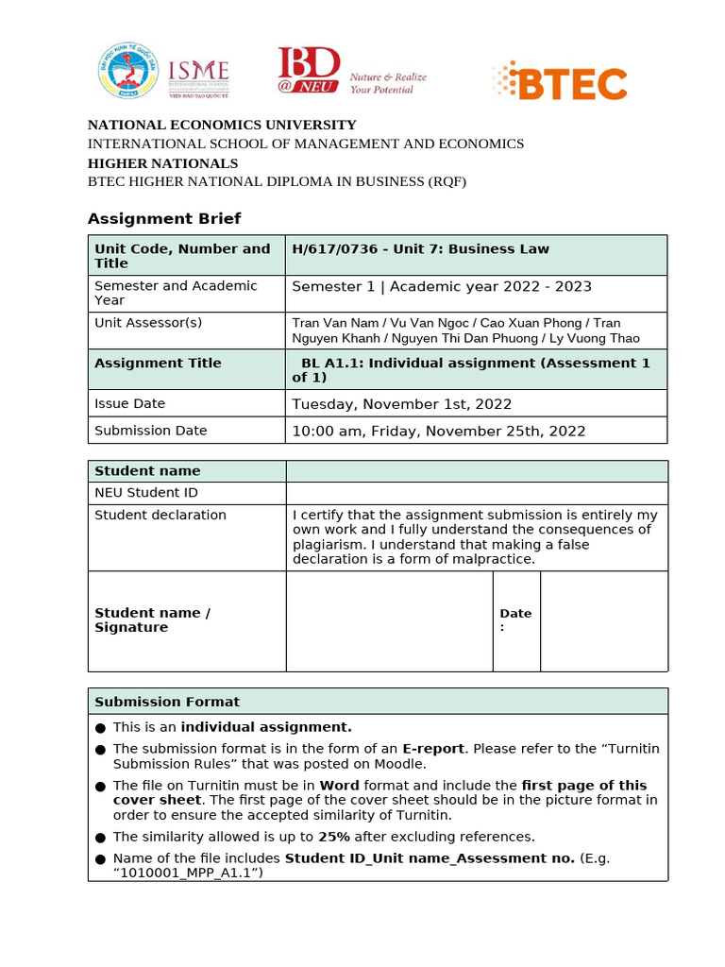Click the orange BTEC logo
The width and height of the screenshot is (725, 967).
click(560, 82)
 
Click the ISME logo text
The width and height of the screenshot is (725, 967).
click(197, 72)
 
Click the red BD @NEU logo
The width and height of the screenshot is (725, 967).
click(308, 71)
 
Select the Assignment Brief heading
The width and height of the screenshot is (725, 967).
click(164, 219)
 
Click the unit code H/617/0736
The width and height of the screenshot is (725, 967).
click(333, 249)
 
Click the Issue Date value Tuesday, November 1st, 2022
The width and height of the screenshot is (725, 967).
click(402, 404)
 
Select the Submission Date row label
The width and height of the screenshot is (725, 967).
click(151, 431)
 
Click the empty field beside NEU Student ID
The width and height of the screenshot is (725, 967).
click(476, 493)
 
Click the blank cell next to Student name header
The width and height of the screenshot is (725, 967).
click(476, 471)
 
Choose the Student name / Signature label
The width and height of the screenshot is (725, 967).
click(152, 620)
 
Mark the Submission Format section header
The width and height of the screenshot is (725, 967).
click(167, 702)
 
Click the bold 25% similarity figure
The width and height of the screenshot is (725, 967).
click(333, 837)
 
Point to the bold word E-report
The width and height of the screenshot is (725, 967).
click(432, 749)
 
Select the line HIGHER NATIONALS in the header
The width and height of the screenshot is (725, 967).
click(162, 163)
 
